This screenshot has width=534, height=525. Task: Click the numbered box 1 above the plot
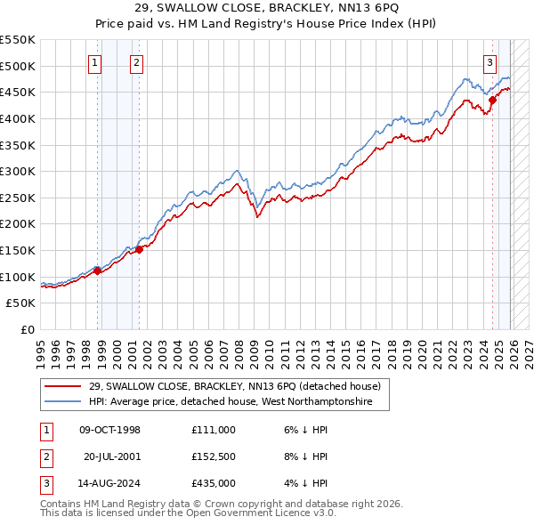tap(94, 62)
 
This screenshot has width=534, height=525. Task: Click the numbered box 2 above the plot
tap(136, 62)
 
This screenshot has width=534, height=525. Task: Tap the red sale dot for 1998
tap(97, 271)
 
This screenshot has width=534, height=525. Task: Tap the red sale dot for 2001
tap(139, 249)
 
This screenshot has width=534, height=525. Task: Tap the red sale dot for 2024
tap(492, 100)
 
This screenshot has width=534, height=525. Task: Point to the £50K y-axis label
tap(21, 303)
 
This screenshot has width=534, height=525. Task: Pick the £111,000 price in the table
tap(214, 430)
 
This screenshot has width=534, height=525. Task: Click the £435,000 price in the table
tap(214, 483)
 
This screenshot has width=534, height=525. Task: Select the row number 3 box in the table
tap(44, 483)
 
